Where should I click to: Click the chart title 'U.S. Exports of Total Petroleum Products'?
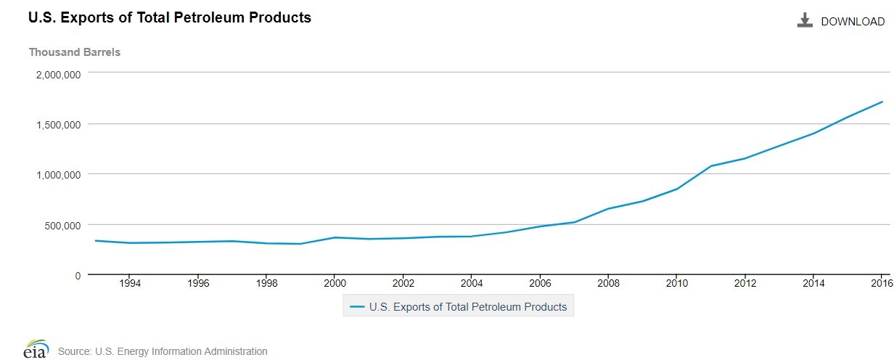tap(170, 17)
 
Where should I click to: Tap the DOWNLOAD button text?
tap(853, 22)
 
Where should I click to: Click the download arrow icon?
tap(804, 21)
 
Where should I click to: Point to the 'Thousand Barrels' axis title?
tap(74, 52)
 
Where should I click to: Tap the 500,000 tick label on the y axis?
tap(63, 225)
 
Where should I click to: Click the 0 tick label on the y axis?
tap(77, 275)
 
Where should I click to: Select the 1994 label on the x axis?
tap(129, 284)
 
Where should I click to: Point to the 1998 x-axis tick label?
tap(266, 284)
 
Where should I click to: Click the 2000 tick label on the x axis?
tap(335, 284)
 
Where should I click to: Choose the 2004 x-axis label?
tap(472, 284)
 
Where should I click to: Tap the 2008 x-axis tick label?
tap(608, 284)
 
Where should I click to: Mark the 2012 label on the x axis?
tap(745, 284)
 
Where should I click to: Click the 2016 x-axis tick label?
tap(881, 284)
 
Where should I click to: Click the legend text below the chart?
tap(468, 307)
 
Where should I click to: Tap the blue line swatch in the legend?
tap(357, 307)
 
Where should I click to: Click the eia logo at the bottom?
tap(36, 350)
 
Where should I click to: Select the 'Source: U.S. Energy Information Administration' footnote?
tap(163, 351)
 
